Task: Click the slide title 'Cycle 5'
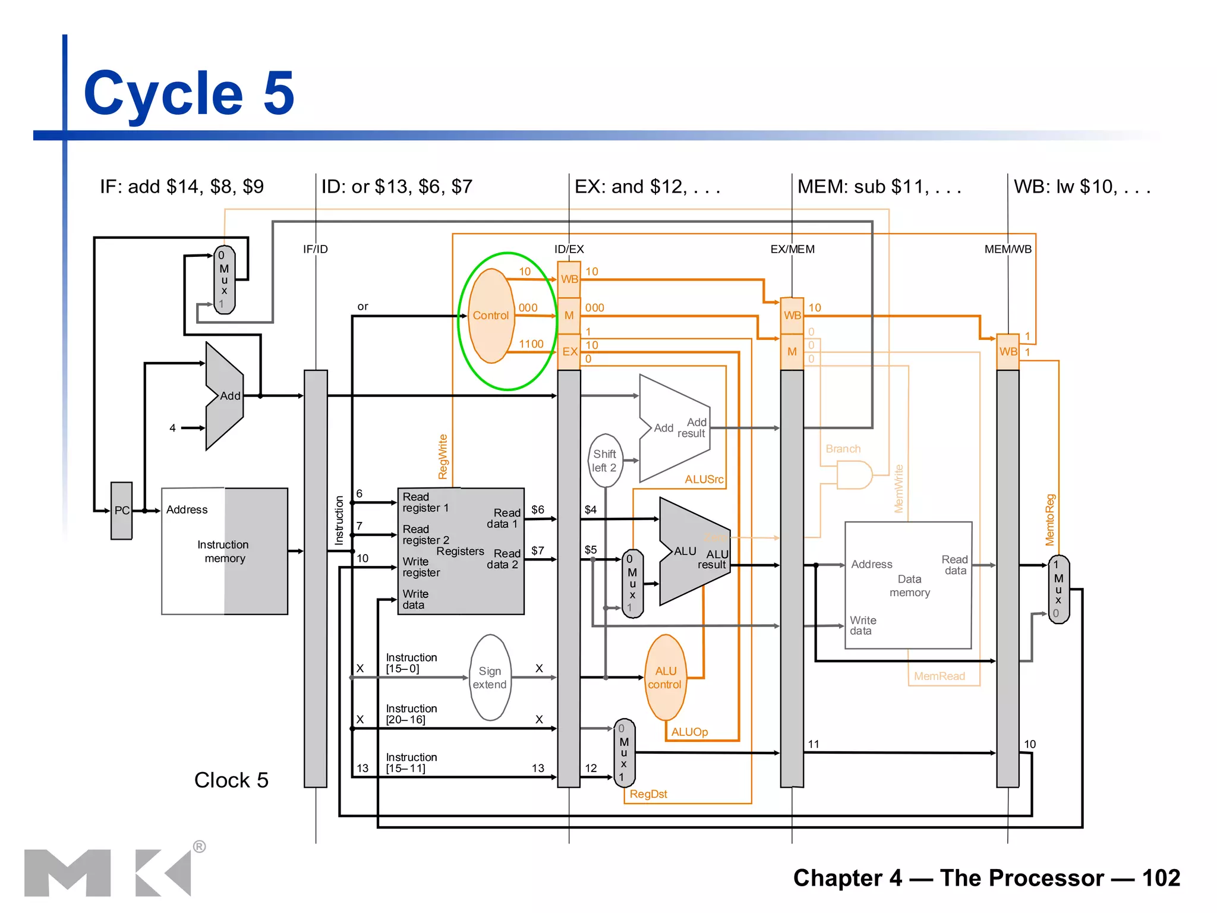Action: (x=189, y=93)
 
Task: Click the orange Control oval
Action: (x=491, y=316)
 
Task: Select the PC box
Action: (x=122, y=511)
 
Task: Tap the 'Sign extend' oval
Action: (x=490, y=678)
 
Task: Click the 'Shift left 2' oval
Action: (x=605, y=461)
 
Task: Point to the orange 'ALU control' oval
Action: (x=665, y=678)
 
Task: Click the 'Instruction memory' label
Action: (x=223, y=552)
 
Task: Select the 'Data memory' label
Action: (x=909, y=585)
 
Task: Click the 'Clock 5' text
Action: (x=231, y=780)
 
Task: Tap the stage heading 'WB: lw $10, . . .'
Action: (x=1082, y=187)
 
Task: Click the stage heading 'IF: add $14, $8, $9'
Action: (x=182, y=187)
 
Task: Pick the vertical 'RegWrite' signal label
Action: (x=443, y=456)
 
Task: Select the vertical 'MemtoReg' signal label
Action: (x=1050, y=520)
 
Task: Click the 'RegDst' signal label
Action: (x=648, y=794)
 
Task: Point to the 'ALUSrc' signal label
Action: (x=704, y=479)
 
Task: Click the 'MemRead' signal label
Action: (x=939, y=676)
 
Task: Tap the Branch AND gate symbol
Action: (x=853, y=475)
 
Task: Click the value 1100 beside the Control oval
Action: (x=531, y=344)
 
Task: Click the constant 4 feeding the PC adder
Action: (x=172, y=428)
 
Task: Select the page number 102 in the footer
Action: (x=1161, y=878)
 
